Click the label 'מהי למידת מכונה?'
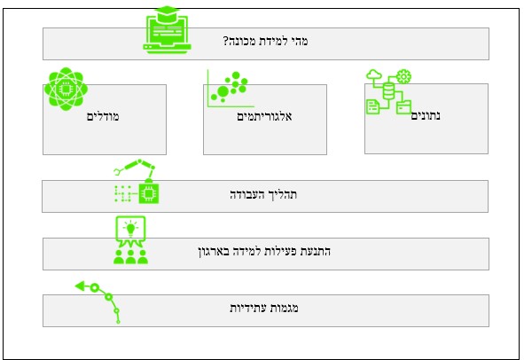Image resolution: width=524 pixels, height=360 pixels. coord(265,41)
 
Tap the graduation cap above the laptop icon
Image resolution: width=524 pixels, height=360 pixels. coord(167,11)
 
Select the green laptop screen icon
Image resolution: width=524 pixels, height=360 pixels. coord(167,34)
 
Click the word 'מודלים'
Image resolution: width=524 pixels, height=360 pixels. coord(103,116)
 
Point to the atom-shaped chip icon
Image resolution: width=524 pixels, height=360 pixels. coord(66,89)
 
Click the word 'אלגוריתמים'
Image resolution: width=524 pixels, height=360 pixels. coord(264,116)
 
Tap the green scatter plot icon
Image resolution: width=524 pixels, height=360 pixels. coord(230,89)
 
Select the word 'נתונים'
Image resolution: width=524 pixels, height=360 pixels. coord(426,115)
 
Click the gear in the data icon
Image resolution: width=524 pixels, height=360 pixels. coord(403,76)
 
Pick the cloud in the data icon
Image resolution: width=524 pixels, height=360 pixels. coord(374,74)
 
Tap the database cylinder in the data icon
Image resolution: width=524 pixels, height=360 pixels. coord(388,90)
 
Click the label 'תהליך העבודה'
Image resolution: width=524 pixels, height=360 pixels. coord(263,194)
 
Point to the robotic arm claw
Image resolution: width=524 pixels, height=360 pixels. coord(117,172)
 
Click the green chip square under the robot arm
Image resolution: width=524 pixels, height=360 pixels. coord(149,193)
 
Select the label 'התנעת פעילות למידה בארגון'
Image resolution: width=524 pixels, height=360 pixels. coord(264,251)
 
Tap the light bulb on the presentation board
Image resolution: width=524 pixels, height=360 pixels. coord(130,229)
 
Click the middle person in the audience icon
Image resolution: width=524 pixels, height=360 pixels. coord(130,257)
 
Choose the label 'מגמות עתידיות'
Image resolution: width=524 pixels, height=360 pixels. coord(264,308)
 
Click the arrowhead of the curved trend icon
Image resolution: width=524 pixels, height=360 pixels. coord(81,286)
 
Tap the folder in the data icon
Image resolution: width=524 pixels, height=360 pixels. coord(403,107)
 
